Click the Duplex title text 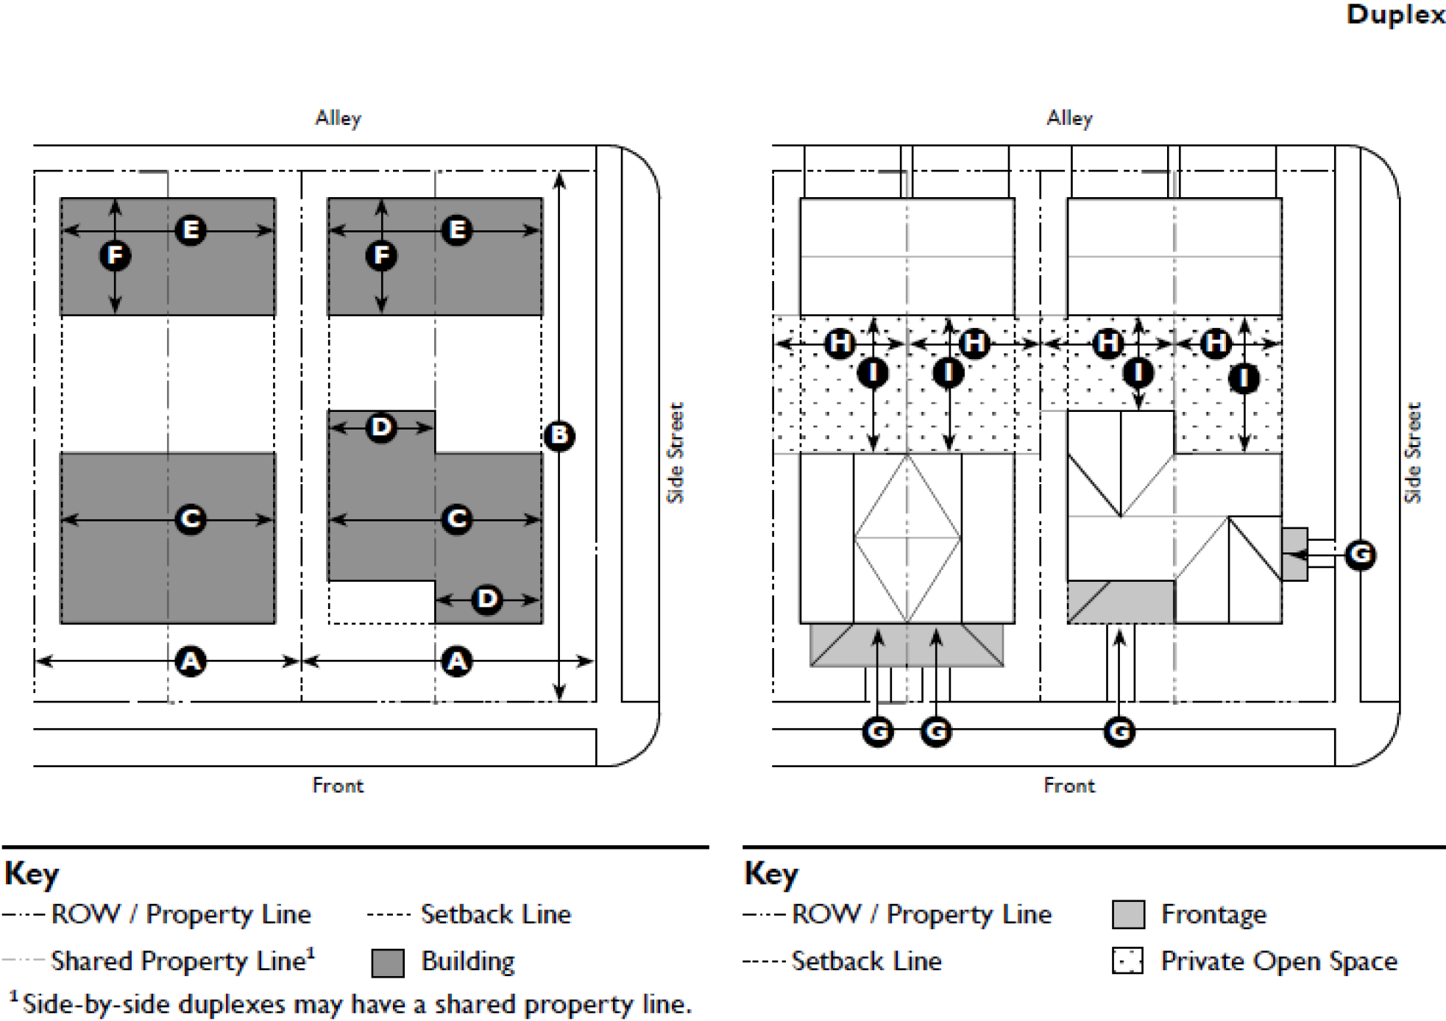tap(1395, 15)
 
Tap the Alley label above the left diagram tap(339, 118)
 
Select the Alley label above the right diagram tap(1070, 118)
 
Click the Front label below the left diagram tap(338, 786)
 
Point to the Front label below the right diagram tap(1069, 786)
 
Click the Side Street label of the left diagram tap(676, 452)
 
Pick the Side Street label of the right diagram tap(1413, 452)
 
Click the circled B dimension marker tap(559, 435)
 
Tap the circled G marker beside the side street tap(1361, 554)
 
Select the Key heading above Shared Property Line tap(32, 874)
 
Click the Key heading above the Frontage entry tap(771, 874)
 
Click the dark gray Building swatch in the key tap(388, 962)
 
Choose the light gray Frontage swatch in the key tap(1128, 914)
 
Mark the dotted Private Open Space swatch tap(1128, 961)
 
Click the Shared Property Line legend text tap(183, 961)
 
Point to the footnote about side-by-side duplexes tap(351, 1004)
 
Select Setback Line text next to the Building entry tap(496, 914)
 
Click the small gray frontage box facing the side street tap(1295, 554)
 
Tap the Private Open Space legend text tap(1279, 961)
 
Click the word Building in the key tap(468, 962)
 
